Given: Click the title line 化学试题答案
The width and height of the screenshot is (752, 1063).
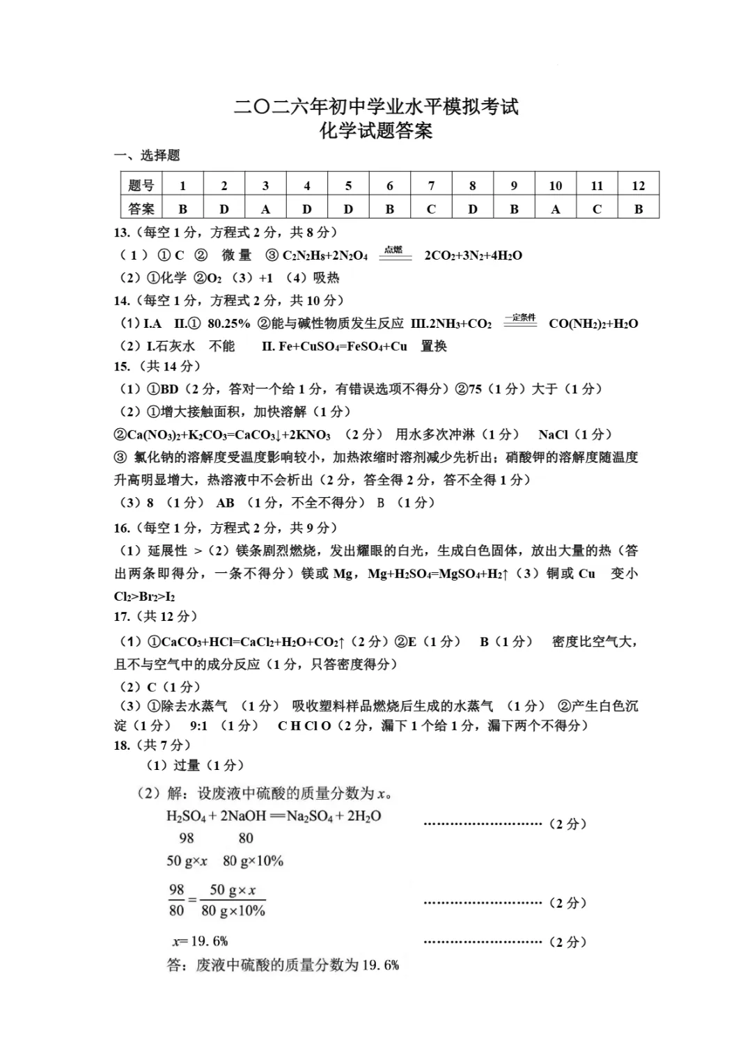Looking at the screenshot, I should pyautogui.click(x=376, y=132).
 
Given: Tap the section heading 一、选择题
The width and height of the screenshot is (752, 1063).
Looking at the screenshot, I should pyautogui.click(x=147, y=155).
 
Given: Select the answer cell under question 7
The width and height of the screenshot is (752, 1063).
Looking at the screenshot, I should pyautogui.click(x=431, y=208).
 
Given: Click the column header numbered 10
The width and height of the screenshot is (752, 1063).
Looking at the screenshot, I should pyautogui.click(x=555, y=185).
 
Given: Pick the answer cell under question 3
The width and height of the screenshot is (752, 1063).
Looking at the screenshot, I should pyautogui.click(x=265, y=208).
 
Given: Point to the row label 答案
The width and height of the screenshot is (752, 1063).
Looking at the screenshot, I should pyautogui.click(x=141, y=208).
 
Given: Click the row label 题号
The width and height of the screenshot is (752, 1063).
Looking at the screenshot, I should pyautogui.click(x=141, y=185).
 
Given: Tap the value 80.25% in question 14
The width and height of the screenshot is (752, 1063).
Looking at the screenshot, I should pyautogui.click(x=228, y=323).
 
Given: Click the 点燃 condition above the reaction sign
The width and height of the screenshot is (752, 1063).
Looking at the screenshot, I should pyautogui.click(x=394, y=250).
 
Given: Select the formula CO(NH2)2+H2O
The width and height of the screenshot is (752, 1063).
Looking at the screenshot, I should pyautogui.click(x=593, y=323).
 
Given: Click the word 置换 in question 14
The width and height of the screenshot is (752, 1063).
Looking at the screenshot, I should pyautogui.click(x=434, y=346).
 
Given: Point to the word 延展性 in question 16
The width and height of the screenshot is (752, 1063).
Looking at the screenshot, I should pyautogui.click(x=168, y=551).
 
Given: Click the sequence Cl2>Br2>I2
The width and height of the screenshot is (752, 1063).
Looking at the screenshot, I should pyautogui.click(x=144, y=596).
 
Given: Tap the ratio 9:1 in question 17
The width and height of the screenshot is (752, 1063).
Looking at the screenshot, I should pyautogui.click(x=198, y=725).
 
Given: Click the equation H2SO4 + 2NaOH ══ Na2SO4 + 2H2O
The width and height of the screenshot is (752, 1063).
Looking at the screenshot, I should pyautogui.click(x=274, y=815).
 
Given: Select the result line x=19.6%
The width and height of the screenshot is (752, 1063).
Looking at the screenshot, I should pyautogui.click(x=201, y=941).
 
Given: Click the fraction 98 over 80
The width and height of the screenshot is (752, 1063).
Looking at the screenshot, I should pyautogui.click(x=177, y=899).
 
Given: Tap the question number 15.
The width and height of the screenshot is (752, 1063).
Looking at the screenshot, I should pyautogui.click(x=122, y=366).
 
